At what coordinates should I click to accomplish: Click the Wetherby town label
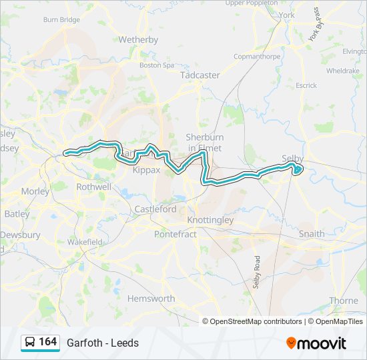pos(137,39)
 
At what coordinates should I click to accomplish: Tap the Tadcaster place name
pos(200,75)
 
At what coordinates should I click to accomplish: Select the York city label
pos(286,15)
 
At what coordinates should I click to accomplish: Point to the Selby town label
pos(292,159)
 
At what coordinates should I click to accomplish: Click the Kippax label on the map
pos(146,170)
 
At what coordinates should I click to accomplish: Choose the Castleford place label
pos(155,209)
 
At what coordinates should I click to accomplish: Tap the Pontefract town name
pos(175,234)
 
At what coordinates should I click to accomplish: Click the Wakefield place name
pos(83,241)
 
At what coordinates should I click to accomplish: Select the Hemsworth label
pos(151,298)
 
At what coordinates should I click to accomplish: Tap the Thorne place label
pos(343,301)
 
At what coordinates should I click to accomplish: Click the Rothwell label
pos(94,187)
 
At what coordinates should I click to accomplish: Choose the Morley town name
pos(35,191)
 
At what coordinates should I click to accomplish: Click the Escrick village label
pos(306,85)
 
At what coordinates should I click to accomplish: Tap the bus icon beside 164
pos(30,342)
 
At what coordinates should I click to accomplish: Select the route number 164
pos(47,342)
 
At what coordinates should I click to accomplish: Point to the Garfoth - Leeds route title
pos(103,343)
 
